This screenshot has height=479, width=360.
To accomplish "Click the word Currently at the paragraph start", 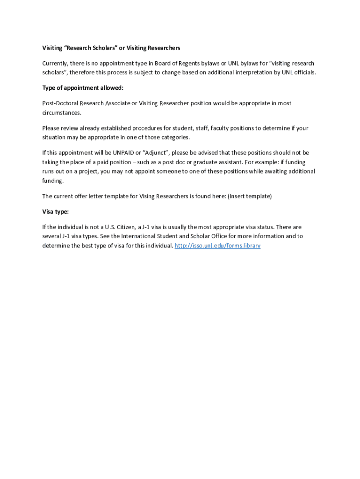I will [x=55, y=63].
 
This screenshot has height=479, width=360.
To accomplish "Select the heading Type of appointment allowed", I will [x=83, y=88].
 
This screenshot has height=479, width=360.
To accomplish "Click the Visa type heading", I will [x=55, y=211].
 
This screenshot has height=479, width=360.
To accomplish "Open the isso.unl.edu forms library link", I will [x=217, y=246].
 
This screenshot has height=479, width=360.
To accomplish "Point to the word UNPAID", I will [x=124, y=153].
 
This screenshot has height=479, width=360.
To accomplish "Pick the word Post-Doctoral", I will [x=60, y=103].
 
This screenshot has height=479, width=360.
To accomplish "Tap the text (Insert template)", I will [x=250, y=196].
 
